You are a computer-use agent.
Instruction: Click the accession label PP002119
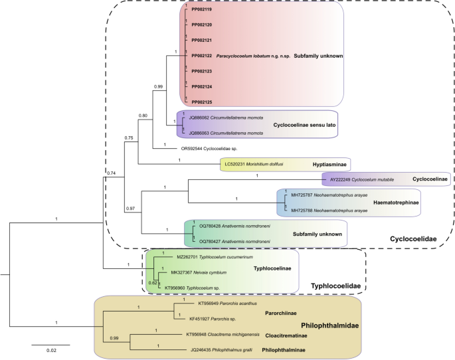[202, 11]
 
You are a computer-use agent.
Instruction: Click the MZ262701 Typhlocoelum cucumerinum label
[216, 256]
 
